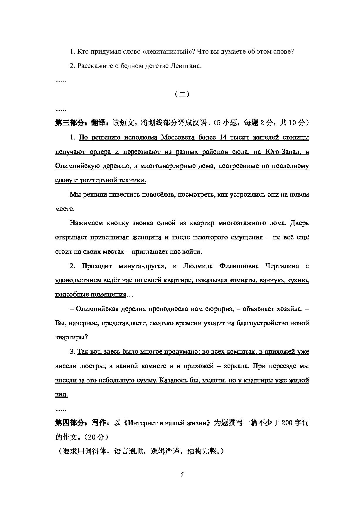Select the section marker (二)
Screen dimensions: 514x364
tap(182, 94)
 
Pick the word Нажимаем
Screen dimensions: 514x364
tap(84, 223)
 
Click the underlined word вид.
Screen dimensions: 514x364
tap(61, 395)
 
